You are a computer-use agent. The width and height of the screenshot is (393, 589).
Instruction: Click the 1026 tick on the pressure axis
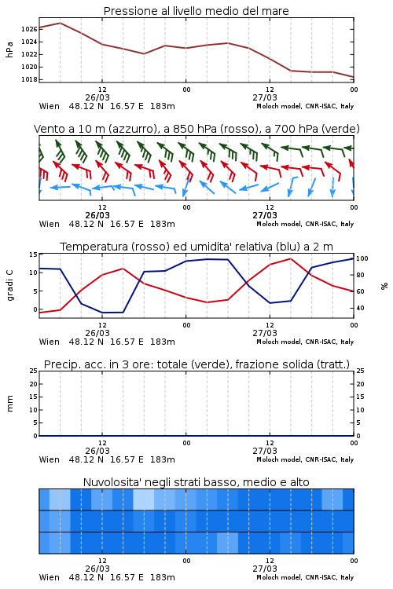click(x=28, y=29)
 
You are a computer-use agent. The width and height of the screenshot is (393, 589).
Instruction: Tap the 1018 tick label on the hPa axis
click(x=28, y=79)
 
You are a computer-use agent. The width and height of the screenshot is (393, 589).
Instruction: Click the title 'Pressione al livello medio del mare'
click(x=196, y=11)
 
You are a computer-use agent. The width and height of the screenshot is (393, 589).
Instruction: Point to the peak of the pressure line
click(x=61, y=23)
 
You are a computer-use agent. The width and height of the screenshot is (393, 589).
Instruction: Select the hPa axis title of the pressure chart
click(x=9, y=49)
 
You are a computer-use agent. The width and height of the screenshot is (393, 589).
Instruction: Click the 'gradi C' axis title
click(x=9, y=286)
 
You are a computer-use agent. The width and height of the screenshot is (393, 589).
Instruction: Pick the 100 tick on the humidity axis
click(x=362, y=258)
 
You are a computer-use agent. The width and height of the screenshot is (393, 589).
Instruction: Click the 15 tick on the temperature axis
click(x=33, y=254)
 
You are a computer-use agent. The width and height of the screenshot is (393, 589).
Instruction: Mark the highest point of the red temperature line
click(x=290, y=258)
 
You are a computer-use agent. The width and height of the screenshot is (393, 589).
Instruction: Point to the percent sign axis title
click(x=384, y=286)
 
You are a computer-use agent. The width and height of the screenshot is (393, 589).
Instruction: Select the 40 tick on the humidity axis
click(x=360, y=308)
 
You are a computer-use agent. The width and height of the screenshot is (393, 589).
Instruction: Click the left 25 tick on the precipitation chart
click(x=33, y=371)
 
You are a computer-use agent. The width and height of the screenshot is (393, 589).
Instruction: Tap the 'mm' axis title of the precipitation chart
click(x=9, y=404)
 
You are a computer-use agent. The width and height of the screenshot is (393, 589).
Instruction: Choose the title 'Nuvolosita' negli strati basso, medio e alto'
click(x=196, y=482)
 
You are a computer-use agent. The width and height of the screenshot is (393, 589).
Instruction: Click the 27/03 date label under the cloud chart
click(x=265, y=569)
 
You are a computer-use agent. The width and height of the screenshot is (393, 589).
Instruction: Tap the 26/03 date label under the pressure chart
click(x=97, y=97)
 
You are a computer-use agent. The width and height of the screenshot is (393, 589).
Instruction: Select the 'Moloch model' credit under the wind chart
click(x=279, y=225)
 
